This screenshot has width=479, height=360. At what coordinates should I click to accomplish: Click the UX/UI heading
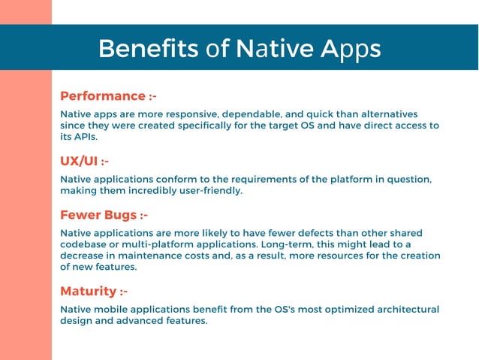tap(79, 161)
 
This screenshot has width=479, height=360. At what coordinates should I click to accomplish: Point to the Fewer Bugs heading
tap(97, 215)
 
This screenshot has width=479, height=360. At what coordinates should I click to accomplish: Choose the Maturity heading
tap(88, 291)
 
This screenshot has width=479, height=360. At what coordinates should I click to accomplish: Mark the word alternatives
tap(384, 114)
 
